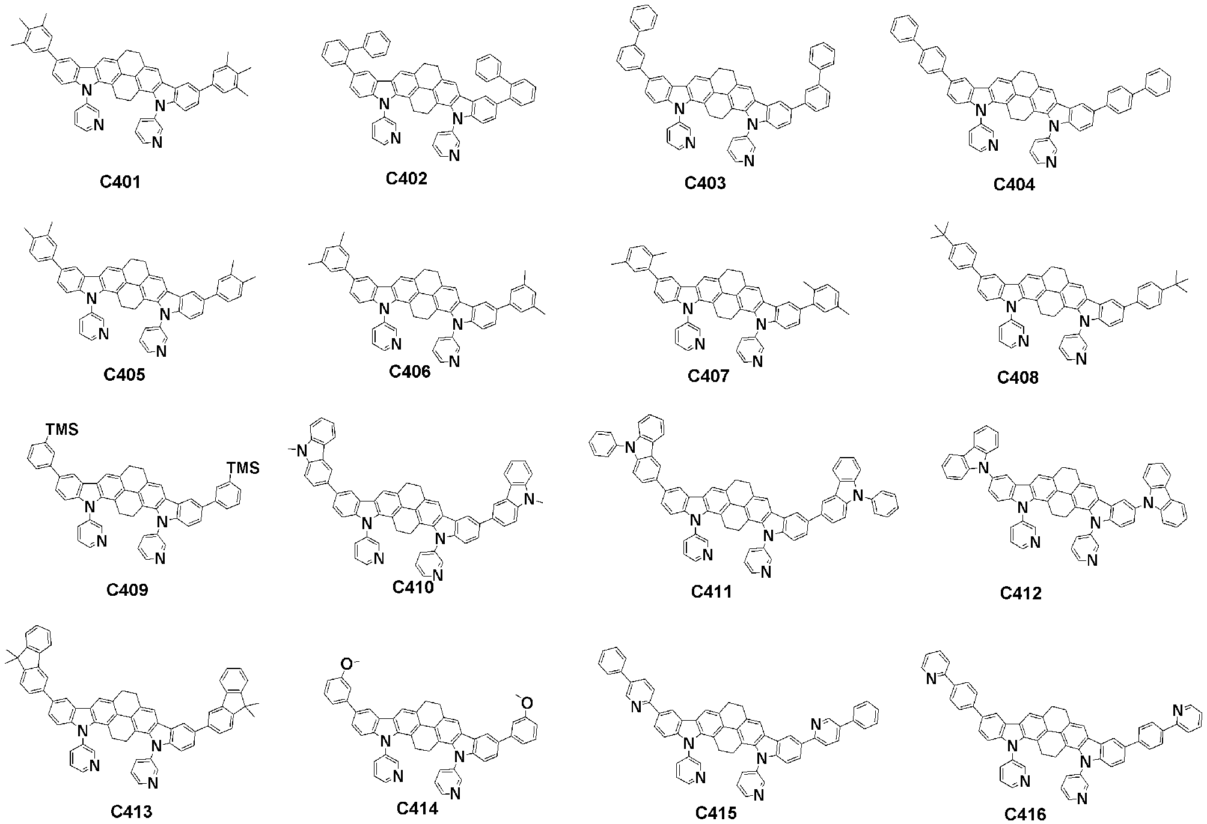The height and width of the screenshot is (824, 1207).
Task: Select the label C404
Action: point(1014,184)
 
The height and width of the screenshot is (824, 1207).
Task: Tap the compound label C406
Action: point(409,372)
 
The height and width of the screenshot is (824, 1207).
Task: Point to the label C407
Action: point(708,376)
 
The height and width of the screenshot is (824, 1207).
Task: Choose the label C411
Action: point(711,592)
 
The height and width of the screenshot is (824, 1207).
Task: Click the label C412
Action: point(1021,593)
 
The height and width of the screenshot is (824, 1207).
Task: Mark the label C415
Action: point(716,813)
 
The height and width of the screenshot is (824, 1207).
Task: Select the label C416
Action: point(1025,814)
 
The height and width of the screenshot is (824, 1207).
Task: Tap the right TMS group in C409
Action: point(243,467)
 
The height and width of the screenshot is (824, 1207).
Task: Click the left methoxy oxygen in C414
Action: point(346,663)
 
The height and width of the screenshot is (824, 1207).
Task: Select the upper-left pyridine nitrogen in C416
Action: point(931,679)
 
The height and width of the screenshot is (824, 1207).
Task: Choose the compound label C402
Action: point(406,178)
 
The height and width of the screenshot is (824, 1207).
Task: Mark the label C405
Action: point(124,375)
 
